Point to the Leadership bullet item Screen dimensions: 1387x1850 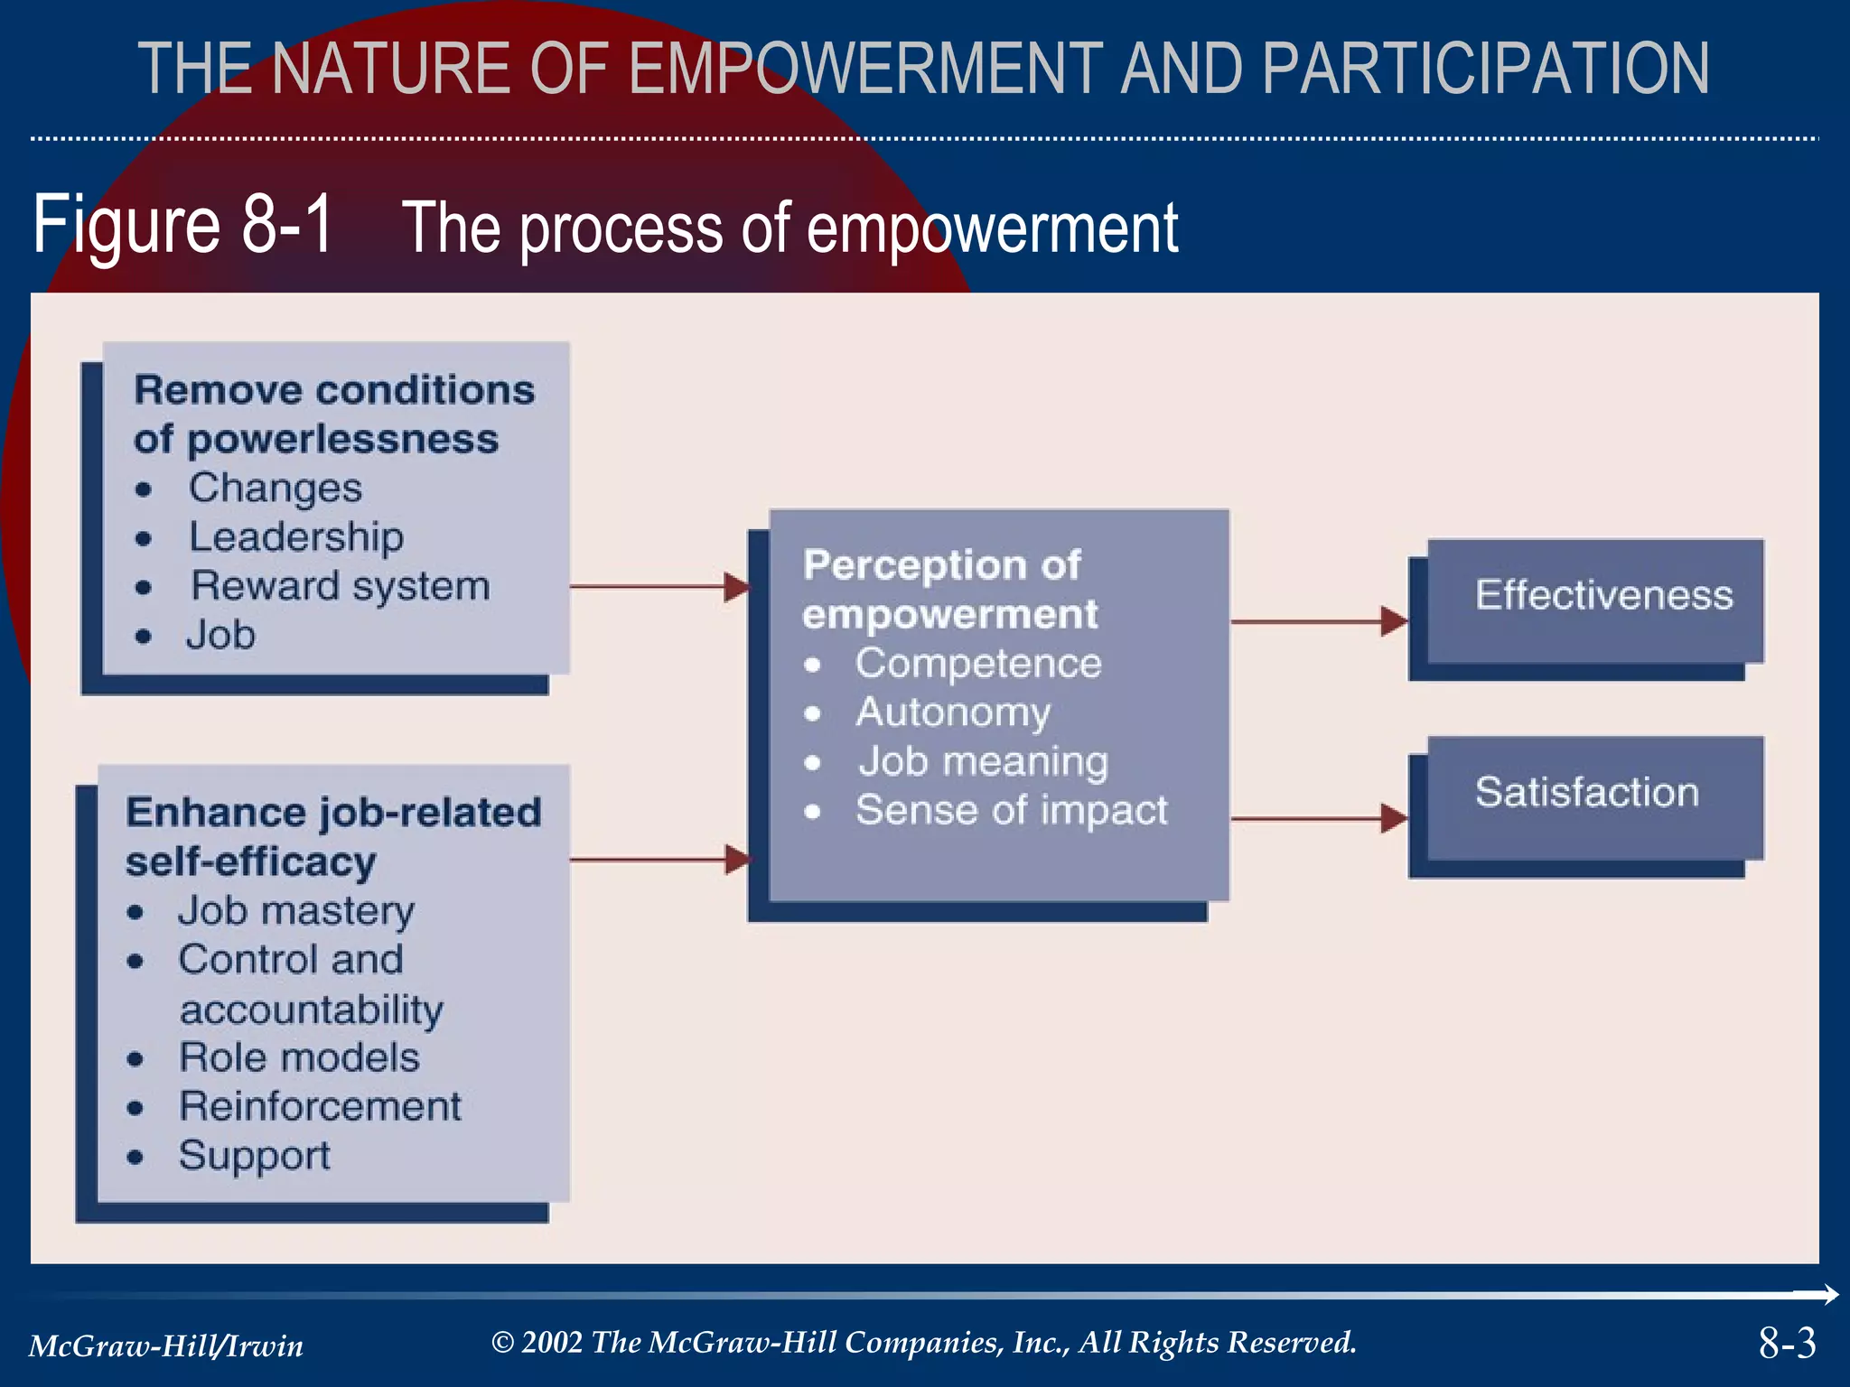click(295, 537)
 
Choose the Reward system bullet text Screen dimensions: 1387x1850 click(341, 586)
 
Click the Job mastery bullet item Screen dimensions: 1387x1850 click(296, 910)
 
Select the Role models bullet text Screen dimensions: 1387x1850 click(299, 1057)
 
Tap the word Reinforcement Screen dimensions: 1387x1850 click(320, 1106)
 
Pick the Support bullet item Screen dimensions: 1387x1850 click(254, 1156)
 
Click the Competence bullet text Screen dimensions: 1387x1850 click(978, 664)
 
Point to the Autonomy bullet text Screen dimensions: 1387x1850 click(953, 712)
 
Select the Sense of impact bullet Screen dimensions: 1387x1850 click(1011, 810)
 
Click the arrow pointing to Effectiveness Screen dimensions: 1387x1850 click(1319, 621)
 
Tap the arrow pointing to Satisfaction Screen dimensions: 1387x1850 click(1319, 819)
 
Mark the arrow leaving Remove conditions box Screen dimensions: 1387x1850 click(659, 587)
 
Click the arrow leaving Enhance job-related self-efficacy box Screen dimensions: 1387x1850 click(659, 860)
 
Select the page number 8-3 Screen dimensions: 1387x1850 click(1786, 1344)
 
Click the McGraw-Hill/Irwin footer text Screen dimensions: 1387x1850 click(166, 1346)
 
